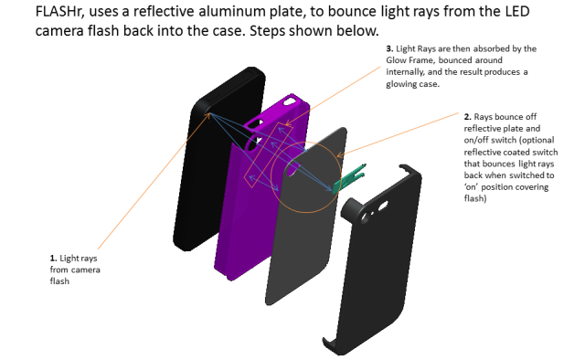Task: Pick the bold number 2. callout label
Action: pyautogui.click(x=468, y=117)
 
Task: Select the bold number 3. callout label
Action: pyautogui.click(x=390, y=48)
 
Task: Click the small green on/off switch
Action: pyautogui.click(x=348, y=182)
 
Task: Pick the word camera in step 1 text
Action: pyautogui.click(x=73, y=270)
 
